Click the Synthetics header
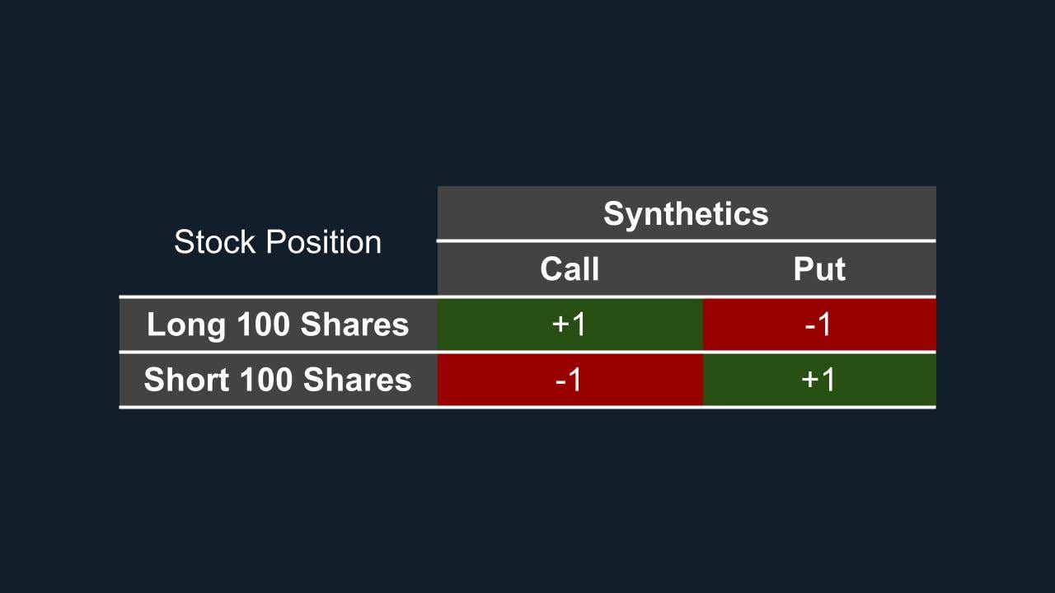coord(686,214)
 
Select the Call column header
coord(570,269)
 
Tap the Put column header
coord(819,269)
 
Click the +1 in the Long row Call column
coord(570,325)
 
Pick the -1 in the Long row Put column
coord(818,325)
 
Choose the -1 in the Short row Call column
coord(569,380)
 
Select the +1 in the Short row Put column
coord(818,380)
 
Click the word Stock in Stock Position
coord(212,242)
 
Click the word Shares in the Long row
coord(354,325)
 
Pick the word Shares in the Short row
coord(358,380)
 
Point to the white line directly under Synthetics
coord(686,240)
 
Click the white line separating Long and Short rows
coord(527,352)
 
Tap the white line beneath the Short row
coord(527,407)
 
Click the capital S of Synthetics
coord(614,214)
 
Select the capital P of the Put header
coord(803,269)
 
